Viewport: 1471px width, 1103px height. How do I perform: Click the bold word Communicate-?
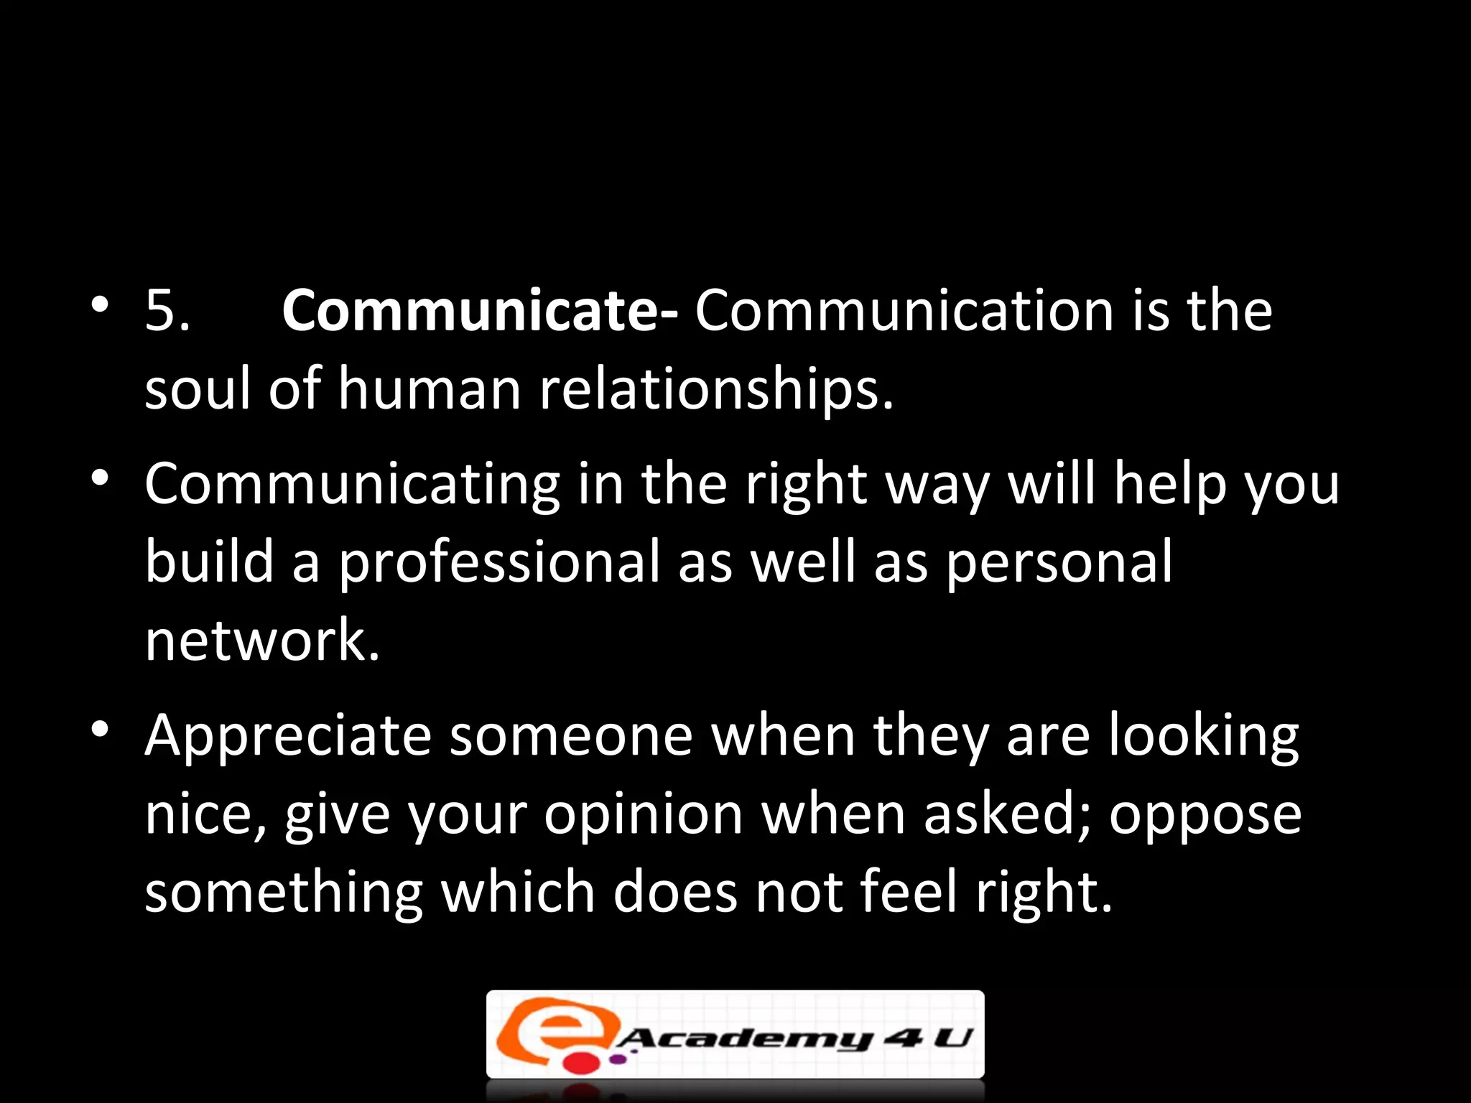coord(479,311)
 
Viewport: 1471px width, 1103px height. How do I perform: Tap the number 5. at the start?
coord(167,311)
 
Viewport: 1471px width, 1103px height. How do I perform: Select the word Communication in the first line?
coord(904,311)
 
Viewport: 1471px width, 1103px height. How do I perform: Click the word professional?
coord(498,562)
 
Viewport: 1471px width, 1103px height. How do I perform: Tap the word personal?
coord(1059,562)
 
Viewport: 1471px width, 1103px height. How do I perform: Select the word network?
coord(261,640)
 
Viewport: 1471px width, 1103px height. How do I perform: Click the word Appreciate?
coord(288,736)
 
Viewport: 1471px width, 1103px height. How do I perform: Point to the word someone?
coord(571,736)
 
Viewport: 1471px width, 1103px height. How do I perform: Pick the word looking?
coord(1204,736)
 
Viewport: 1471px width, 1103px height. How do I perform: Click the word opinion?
coord(643,815)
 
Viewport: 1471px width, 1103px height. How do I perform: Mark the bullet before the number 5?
coord(100,304)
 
